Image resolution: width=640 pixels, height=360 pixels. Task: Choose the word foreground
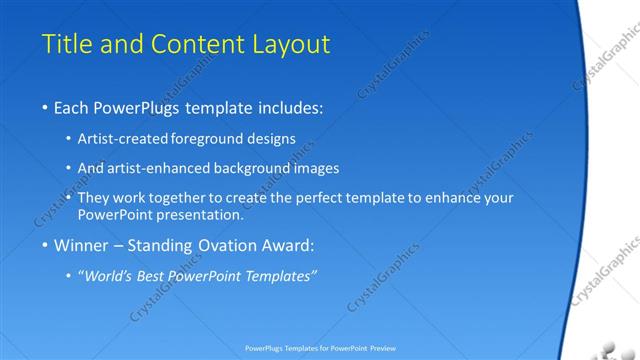[209, 140]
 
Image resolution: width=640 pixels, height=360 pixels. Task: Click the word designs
[272, 140]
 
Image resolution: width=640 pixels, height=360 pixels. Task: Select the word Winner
[82, 245]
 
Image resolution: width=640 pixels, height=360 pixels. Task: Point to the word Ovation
[231, 245]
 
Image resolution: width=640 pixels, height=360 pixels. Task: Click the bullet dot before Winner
[45, 246]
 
